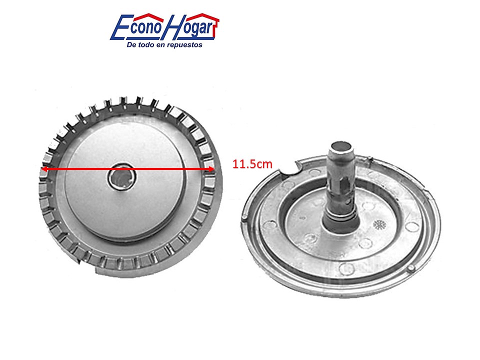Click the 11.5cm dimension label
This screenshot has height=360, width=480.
click(x=252, y=164)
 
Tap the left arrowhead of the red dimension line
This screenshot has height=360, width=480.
click(x=44, y=169)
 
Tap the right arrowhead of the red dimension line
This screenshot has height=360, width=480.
click(x=211, y=169)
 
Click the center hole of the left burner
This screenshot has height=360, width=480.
click(x=121, y=177)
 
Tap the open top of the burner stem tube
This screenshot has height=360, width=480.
click(x=341, y=145)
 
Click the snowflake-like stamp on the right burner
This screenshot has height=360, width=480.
click(x=379, y=225)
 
